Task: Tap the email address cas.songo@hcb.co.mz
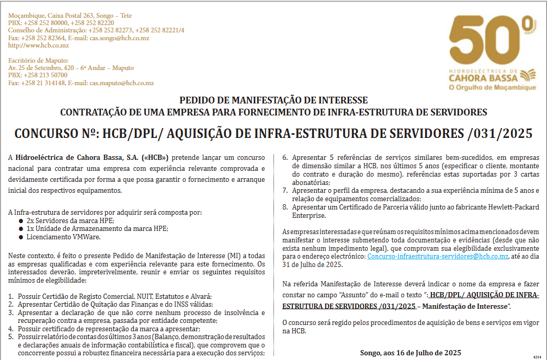pos(119,38)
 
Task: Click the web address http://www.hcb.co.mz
pos(38,45)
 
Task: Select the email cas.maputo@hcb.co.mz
pos(121,83)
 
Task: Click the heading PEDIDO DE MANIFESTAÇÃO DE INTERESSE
pos(273,100)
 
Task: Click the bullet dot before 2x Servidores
pos(20,221)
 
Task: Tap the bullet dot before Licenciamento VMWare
pos(20,237)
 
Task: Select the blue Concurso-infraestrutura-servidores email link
pos(438,257)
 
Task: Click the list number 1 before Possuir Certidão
pos(11,296)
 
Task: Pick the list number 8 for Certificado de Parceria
pos(285,207)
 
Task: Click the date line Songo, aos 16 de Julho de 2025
pos(411,353)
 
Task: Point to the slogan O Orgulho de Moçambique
pos(492,87)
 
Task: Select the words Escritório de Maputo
pos(38,61)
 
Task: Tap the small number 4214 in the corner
pos(537,356)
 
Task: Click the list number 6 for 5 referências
pos(285,157)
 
